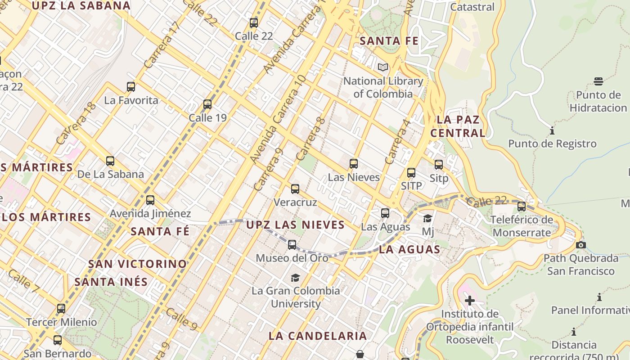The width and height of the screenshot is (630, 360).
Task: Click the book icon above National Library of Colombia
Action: [383, 67]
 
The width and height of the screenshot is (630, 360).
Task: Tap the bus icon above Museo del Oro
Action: [292, 245]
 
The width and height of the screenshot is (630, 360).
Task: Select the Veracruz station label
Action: [295, 202]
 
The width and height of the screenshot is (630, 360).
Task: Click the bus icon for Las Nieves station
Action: [354, 164]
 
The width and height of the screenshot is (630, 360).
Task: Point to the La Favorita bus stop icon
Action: [131, 87]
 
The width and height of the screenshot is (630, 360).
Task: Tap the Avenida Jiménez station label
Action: [150, 213]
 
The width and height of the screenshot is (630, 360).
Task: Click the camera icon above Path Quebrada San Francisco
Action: [581, 245]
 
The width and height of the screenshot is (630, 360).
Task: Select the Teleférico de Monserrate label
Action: [522, 226]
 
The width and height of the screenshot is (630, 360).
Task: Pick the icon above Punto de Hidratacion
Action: [598, 81]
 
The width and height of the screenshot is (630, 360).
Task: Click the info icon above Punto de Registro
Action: [552, 131]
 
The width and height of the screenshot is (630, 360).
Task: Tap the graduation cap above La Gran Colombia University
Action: [295, 278]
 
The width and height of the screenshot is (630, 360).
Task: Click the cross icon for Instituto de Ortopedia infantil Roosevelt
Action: [470, 301]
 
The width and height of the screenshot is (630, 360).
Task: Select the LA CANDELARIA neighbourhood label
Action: [318, 336]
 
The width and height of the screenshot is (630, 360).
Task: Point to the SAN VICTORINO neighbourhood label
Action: [137, 264]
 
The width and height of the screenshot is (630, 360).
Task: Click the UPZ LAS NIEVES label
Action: [296, 225]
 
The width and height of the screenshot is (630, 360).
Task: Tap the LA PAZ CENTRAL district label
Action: [458, 126]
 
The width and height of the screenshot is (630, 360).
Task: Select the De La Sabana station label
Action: [111, 174]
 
